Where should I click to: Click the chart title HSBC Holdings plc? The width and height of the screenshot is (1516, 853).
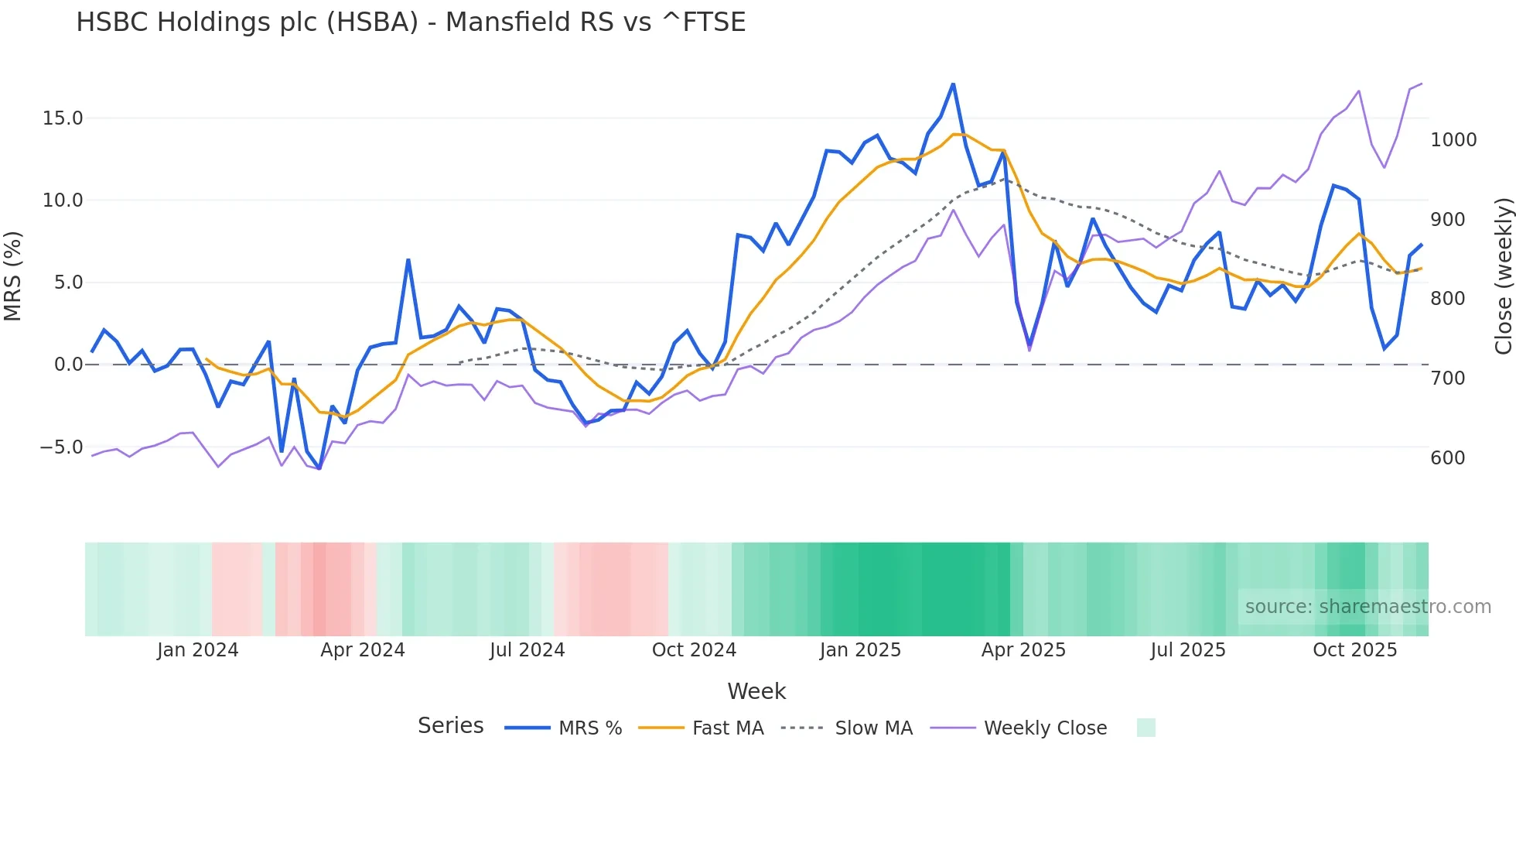click(410, 22)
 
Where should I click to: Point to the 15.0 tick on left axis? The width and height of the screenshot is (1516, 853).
click(63, 118)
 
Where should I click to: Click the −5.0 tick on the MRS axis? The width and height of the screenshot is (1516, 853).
click(61, 447)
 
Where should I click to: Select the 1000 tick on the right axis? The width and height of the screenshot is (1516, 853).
click(1453, 140)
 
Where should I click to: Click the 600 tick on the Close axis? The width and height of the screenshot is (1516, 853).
click(1448, 458)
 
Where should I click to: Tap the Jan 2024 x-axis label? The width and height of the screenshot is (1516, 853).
click(197, 650)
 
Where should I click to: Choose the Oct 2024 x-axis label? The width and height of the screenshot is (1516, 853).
click(694, 650)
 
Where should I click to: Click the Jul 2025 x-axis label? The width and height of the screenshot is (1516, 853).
click(1188, 650)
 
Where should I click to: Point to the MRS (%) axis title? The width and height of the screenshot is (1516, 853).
click(13, 276)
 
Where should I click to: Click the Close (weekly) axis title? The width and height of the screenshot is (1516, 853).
click(1503, 276)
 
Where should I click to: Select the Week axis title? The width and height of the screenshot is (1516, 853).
click(756, 691)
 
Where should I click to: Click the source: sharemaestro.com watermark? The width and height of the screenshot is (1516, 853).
click(1367, 607)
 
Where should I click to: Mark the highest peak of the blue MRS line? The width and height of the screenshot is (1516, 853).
click(953, 84)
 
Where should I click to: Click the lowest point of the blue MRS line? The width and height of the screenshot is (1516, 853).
click(319, 468)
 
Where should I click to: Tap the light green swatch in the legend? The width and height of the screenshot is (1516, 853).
click(1146, 728)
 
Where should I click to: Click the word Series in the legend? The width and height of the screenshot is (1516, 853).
click(450, 726)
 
